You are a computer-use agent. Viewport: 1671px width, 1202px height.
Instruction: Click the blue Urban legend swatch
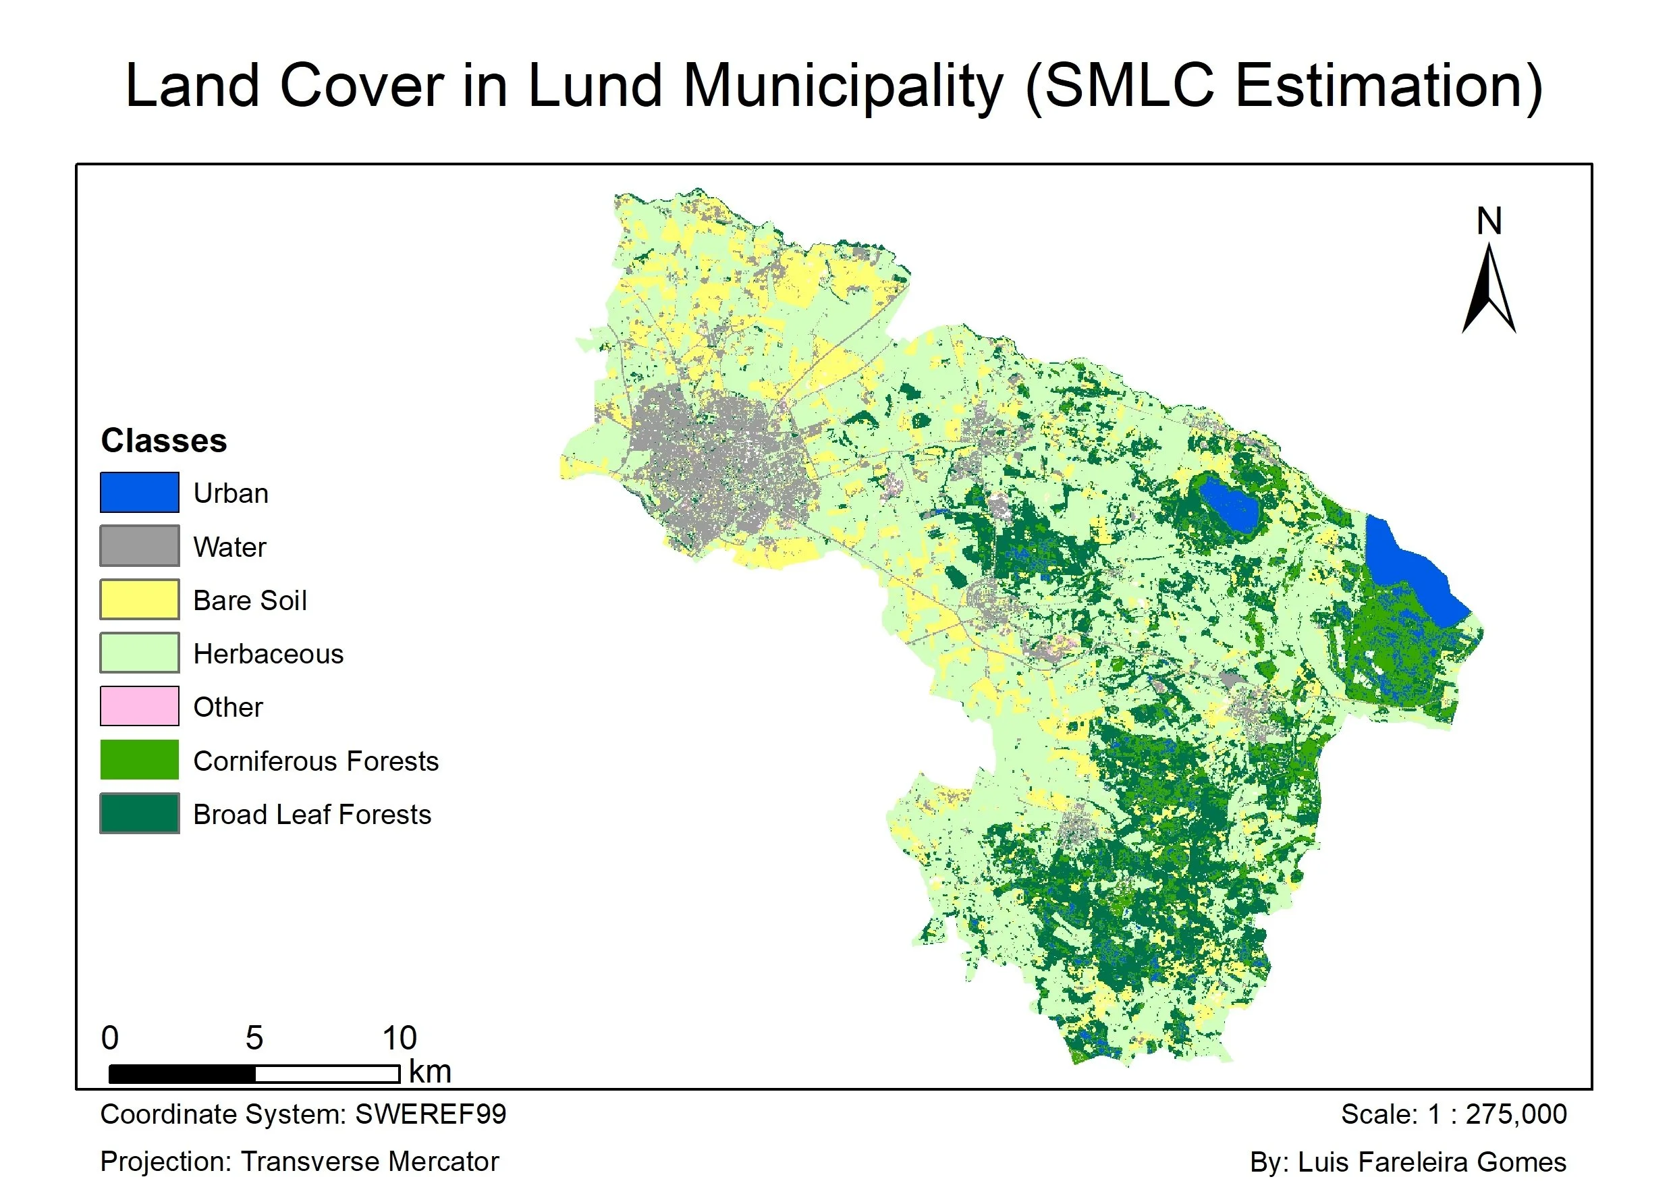[139, 492]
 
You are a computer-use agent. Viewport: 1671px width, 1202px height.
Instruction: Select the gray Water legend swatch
[139, 546]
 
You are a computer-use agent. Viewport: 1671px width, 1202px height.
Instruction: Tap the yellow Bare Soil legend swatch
[139, 599]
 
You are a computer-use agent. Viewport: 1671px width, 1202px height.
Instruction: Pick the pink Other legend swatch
[139, 706]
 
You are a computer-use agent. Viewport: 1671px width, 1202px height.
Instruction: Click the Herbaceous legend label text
[268, 654]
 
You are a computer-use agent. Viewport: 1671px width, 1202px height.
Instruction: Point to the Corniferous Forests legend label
[315, 761]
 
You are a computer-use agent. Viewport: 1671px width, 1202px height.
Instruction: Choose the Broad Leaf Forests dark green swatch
[139, 813]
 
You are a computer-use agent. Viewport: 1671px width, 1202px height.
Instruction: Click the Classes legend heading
[163, 441]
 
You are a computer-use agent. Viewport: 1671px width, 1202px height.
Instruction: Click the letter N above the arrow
[1489, 221]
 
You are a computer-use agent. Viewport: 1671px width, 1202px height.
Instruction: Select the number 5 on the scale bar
[254, 1037]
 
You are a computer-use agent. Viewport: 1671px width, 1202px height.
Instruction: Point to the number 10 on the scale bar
[400, 1037]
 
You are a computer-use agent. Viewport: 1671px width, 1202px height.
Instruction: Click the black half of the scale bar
[182, 1074]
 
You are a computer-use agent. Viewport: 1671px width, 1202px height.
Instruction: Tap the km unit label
[431, 1072]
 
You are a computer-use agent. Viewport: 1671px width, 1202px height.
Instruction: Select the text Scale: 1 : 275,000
[1454, 1114]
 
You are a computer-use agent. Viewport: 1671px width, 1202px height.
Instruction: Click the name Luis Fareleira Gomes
[1431, 1162]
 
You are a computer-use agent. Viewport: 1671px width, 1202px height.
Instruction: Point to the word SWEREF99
[431, 1114]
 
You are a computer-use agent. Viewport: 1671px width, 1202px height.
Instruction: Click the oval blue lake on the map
[1228, 505]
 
